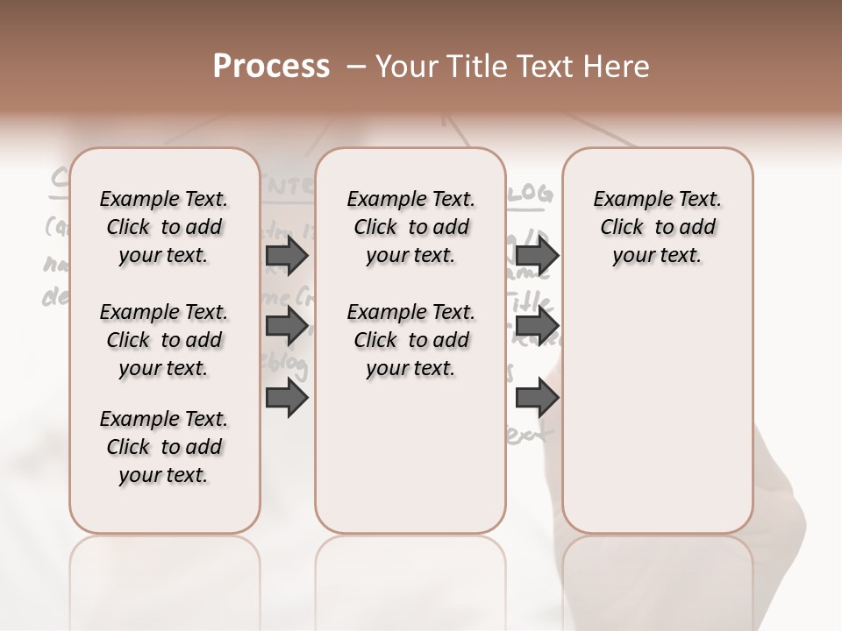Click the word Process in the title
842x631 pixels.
tap(271, 67)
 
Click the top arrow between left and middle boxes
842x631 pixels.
tap(287, 255)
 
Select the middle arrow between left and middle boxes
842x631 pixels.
tap(287, 327)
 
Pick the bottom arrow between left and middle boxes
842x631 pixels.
tap(287, 398)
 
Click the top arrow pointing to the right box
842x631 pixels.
tap(537, 255)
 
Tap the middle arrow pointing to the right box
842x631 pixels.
tap(537, 327)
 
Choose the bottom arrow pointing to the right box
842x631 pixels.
tap(537, 398)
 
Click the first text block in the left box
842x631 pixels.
tap(164, 227)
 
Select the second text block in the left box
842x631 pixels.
tap(164, 340)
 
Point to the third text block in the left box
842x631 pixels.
tap(164, 447)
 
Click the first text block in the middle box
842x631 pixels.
tap(410, 227)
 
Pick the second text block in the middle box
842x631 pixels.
tap(410, 340)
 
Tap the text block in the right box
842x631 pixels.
tap(657, 227)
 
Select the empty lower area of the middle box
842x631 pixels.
tap(410, 456)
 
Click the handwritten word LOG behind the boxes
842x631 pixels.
tap(532, 194)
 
